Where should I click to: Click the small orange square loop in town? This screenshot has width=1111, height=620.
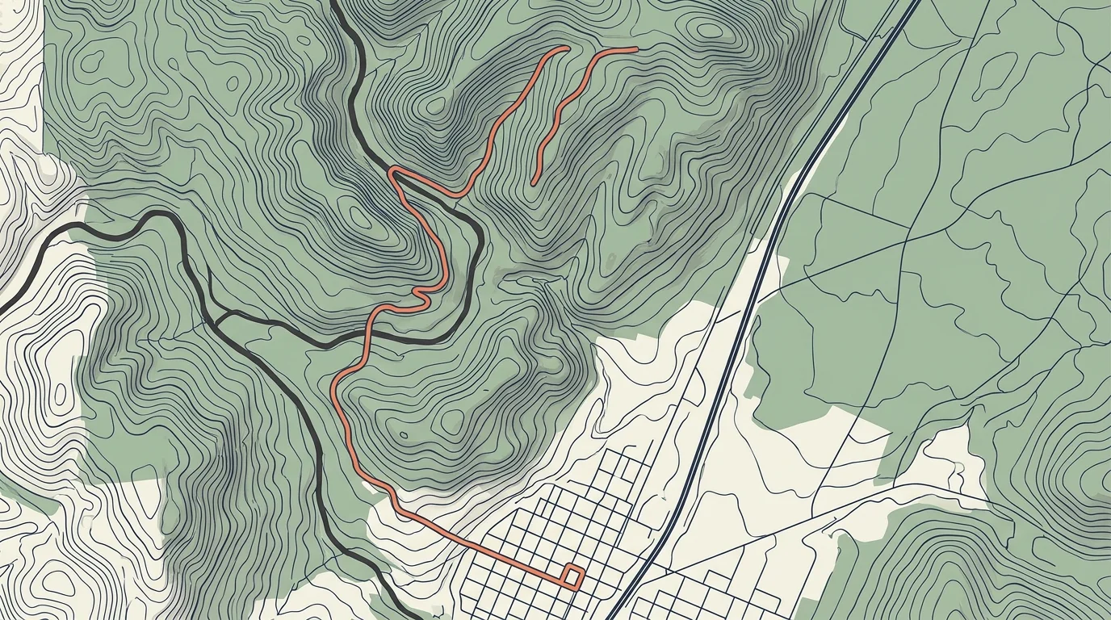572,576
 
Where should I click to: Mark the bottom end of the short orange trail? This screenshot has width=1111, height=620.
534,183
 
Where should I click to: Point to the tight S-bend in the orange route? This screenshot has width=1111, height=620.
421,294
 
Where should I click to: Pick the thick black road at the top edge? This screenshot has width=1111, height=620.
334,3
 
